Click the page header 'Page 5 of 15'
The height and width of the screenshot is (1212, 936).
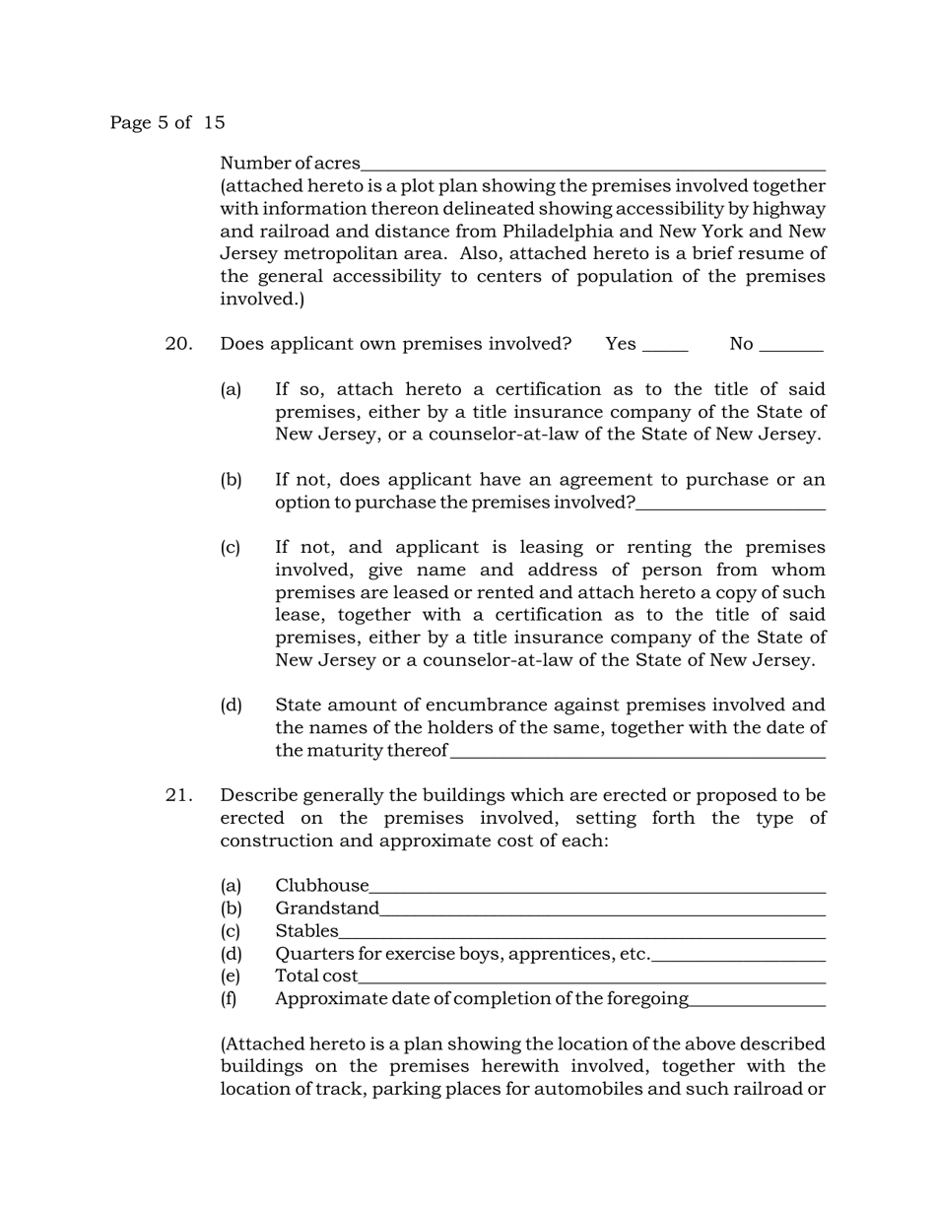pyautogui.click(x=167, y=123)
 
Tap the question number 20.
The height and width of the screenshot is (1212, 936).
pyautogui.click(x=178, y=344)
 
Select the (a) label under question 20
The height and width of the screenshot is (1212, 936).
pyautogui.click(x=231, y=390)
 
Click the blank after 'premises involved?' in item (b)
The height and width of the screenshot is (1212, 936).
pyautogui.click(x=730, y=505)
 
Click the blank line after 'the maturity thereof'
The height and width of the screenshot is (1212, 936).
pyautogui.click(x=636, y=754)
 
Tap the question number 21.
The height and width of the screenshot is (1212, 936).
pyautogui.click(x=178, y=795)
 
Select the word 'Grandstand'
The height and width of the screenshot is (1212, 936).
pyautogui.click(x=327, y=909)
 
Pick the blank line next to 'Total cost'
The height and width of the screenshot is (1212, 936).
pyautogui.click(x=591, y=979)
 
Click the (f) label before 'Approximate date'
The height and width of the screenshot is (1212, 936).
pyautogui.click(x=229, y=999)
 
